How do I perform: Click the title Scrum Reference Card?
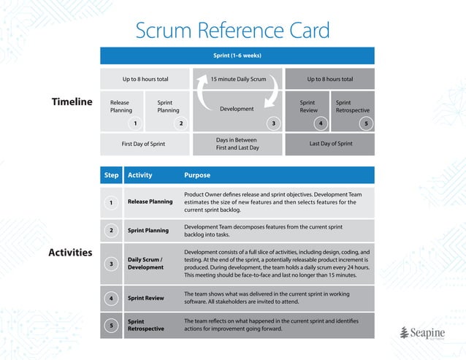point(232,31)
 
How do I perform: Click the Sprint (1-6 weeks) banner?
point(237,55)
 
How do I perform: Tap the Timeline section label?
point(72,102)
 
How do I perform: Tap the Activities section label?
point(70,253)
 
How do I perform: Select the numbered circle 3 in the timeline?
point(273,123)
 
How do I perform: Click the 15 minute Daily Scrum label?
point(237,79)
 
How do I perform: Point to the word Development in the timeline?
point(237,109)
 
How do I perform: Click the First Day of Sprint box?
point(143,144)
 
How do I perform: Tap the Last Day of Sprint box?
point(330,144)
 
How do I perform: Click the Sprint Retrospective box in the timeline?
point(353,107)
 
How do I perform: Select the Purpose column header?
point(197,175)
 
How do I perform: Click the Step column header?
point(111,175)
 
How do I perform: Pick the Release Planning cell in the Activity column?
point(150,202)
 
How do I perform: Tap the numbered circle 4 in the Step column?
point(111,298)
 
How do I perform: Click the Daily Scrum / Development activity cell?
point(145,263)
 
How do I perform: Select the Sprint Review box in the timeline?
point(308,107)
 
